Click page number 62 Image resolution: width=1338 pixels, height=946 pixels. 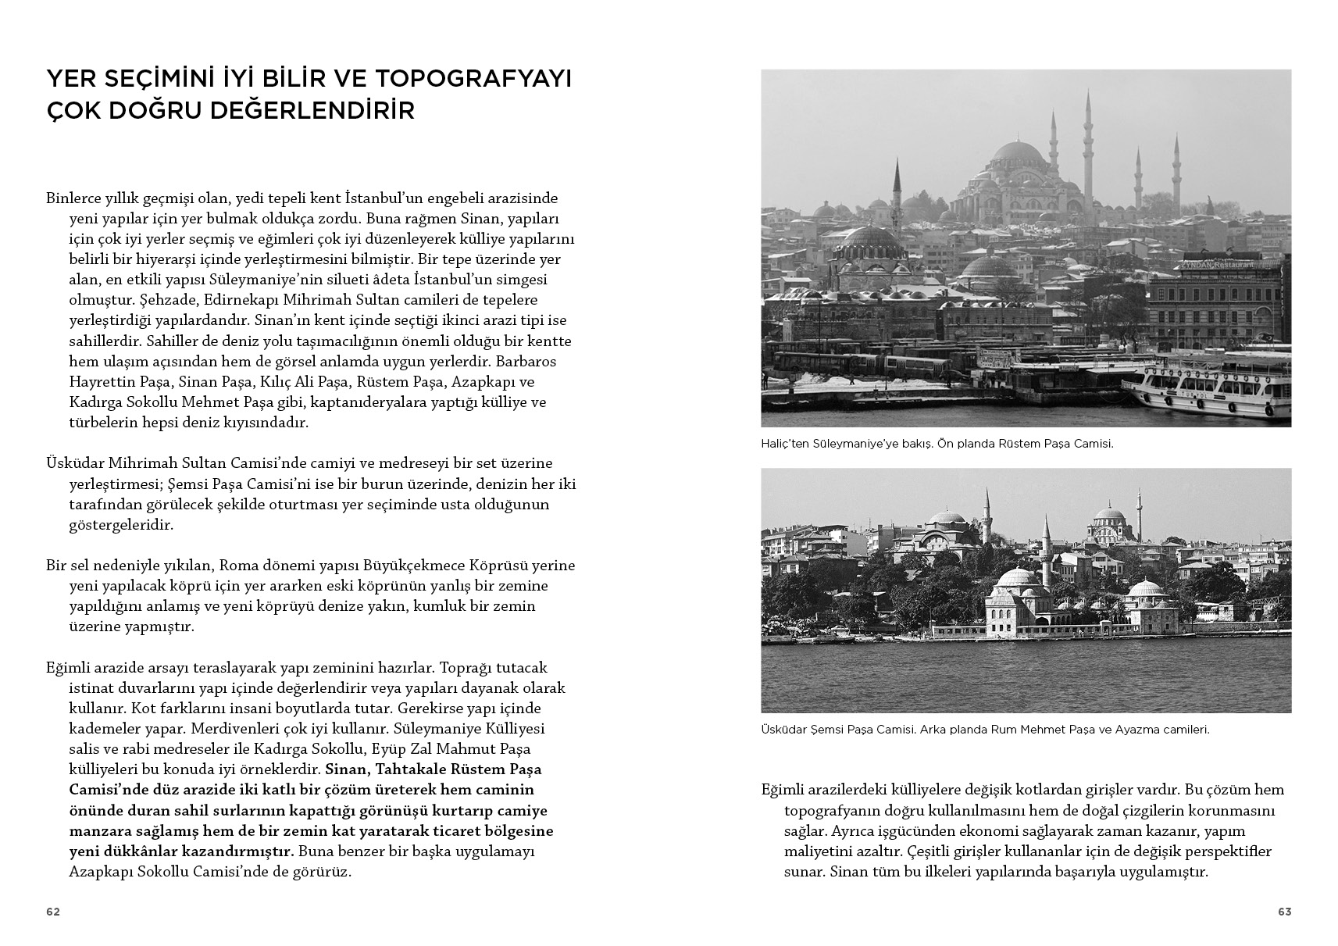coord(53,912)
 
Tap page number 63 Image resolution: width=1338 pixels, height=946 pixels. coord(1284,912)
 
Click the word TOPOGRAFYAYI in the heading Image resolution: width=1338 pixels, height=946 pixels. coord(474,79)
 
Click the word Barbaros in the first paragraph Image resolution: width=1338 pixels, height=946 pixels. coord(526,362)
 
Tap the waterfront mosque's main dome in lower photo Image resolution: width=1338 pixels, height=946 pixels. coord(1017,579)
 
